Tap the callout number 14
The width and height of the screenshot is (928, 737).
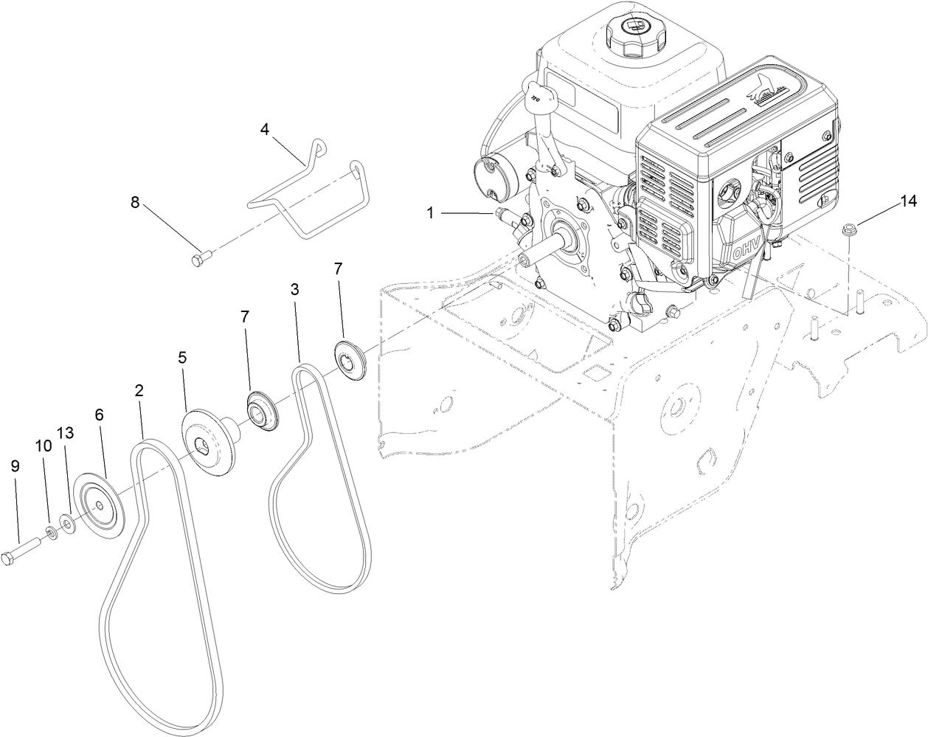[x=908, y=201]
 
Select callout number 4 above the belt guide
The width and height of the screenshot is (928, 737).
[x=265, y=129]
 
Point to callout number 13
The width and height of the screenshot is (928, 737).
[x=66, y=433]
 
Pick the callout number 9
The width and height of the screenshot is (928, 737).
[x=15, y=466]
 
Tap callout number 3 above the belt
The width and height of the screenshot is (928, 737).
[x=294, y=289]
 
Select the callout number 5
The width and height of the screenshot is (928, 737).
[x=182, y=356]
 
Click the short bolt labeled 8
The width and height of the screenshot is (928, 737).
[x=201, y=258]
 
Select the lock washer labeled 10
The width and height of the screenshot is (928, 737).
[x=52, y=533]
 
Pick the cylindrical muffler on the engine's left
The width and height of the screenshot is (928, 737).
[x=488, y=179]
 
